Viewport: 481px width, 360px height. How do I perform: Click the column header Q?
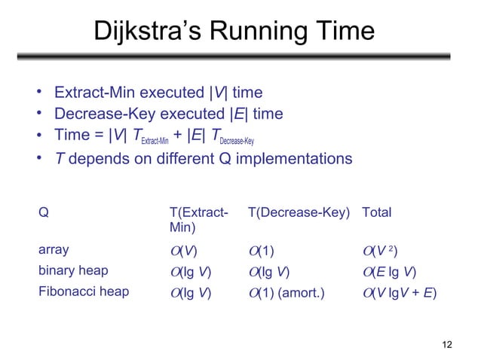[x=43, y=213]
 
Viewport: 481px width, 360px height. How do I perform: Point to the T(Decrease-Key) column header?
[x=299, y=213]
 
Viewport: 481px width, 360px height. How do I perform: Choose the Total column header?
[x=377, y=213]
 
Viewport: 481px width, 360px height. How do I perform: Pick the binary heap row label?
[x=73, y=270]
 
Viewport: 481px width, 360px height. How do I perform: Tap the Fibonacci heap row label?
[x=83, y=291]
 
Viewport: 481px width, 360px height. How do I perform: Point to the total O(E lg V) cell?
[x=390, y=271]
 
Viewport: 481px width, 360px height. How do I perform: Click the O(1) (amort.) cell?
[x=287, y=291]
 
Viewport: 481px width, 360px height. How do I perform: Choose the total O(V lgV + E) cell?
[x=400, y=291]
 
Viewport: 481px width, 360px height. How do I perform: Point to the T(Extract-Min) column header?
[x=198, y=219]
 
